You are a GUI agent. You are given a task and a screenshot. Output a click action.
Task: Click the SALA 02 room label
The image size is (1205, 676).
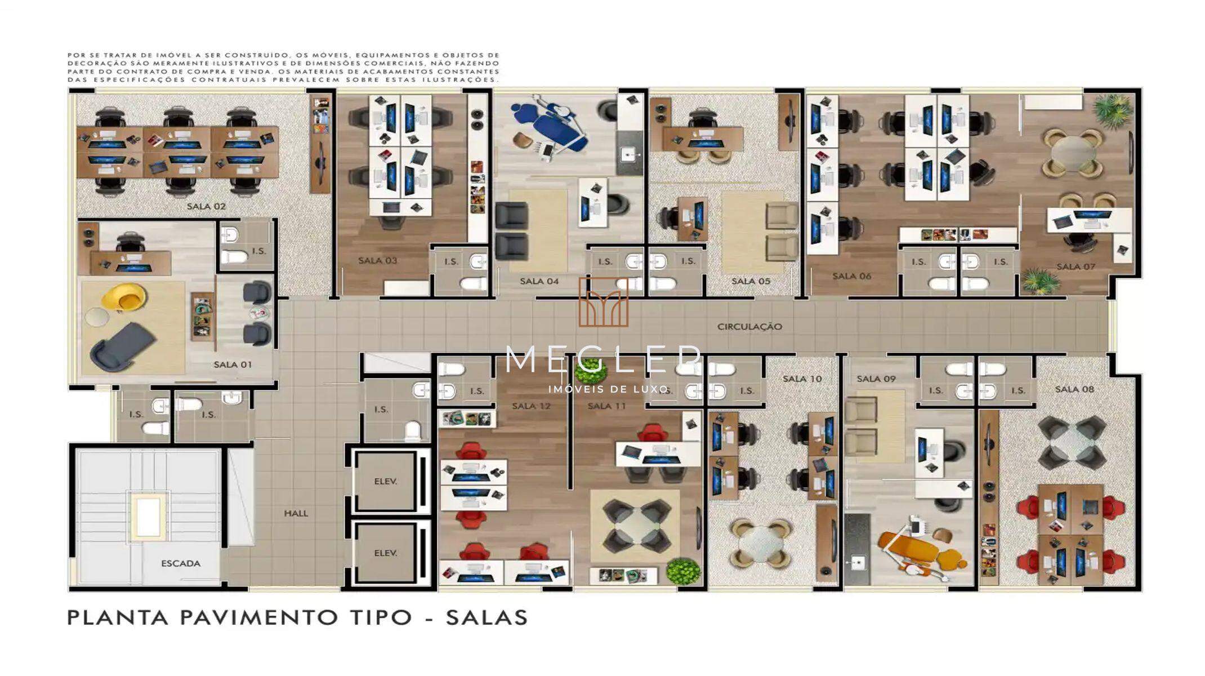(x=206, y=206)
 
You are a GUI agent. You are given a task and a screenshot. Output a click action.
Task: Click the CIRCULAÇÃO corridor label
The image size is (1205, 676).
(x=749, y=327)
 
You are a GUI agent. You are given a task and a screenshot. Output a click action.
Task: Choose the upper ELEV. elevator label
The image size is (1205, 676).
(x=386, y=482)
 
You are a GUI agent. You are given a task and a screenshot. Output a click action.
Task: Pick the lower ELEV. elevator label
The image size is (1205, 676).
(x=386, y=553)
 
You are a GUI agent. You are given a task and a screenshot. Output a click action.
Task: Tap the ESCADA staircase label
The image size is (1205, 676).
(x=181, y=563)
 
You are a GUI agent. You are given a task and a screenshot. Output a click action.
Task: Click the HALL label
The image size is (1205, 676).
(x=296, y=513)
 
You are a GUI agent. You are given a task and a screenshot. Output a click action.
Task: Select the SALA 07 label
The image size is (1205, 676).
(x=1075, y=266)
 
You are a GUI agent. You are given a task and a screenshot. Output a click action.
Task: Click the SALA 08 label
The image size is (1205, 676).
(x=1074, y=389)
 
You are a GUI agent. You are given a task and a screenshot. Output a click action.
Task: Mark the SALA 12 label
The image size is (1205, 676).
(x=531, y=406)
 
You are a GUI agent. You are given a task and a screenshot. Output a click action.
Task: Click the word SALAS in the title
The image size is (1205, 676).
(x=487, y=617)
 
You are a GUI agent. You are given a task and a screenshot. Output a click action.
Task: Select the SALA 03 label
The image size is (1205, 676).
(x=378, y=260)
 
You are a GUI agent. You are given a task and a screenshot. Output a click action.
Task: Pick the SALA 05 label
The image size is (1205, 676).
(x=751, y=281)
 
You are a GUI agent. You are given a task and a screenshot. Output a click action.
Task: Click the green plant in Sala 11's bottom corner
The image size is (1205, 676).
(x=683, y=571)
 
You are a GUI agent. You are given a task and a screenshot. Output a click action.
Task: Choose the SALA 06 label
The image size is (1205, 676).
(x=851, y=276)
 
